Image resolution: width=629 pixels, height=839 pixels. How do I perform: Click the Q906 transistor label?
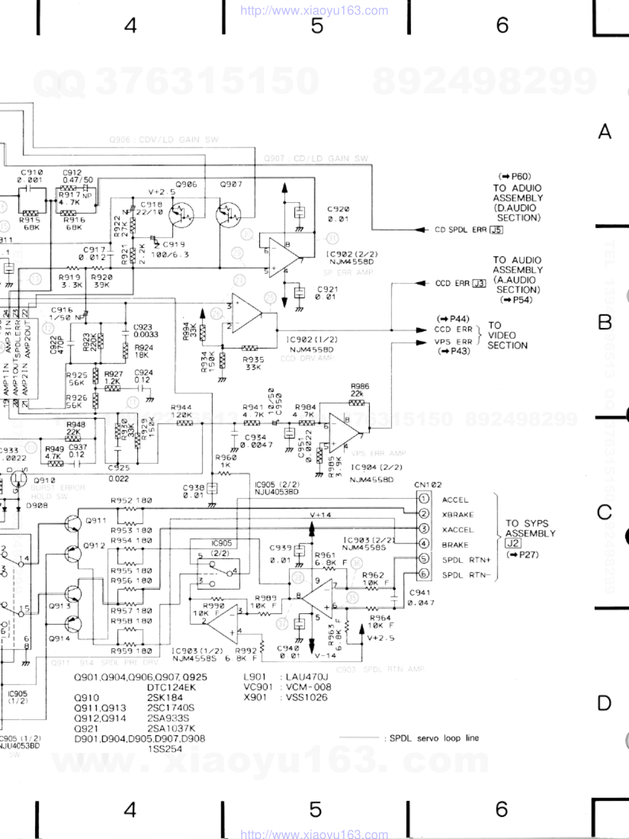pyautogui.click(x=187, y=184)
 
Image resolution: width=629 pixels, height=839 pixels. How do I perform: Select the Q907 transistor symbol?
pyautogui.click(x=227, y=214)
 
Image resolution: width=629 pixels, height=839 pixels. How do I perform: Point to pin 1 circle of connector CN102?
pyautogui.click(x=424, y=499)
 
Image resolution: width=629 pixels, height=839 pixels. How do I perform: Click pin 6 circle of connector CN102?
pyautogui.click(x=424, y=574)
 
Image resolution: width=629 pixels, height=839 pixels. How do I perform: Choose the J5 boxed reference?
pyautogui.click(x=496, y=229)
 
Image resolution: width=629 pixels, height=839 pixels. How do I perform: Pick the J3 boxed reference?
pyautogui.click(x=479, y=283)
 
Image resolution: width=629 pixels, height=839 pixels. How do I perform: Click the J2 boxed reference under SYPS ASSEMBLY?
pyautogui.click(x=513, y=543)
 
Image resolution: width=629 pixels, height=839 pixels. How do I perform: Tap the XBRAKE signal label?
pyautogui.click(x=457, y=514)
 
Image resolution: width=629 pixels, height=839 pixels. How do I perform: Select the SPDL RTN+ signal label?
pyautogui.click(x=466, y=560)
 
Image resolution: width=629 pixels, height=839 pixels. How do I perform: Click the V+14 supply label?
pyautogui.click(x=320, y=514)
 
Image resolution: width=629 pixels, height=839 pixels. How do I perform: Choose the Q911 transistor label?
pyautogui.click(x=96, y=520)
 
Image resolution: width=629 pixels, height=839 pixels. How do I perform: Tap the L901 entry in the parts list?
pyautogui.click(x=255, y=677)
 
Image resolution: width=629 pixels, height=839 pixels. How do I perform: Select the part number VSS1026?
pyautogui.click(x=306, y=697)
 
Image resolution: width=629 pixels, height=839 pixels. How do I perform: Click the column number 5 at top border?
pyautogui.click(x=316, y=25)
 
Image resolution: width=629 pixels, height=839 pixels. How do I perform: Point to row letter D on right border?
pyautogui.click(x=604, y=703)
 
